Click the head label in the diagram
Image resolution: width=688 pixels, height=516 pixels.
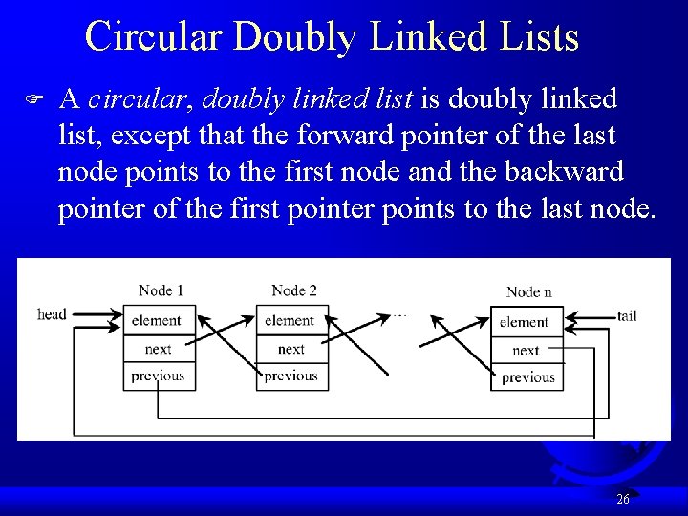pos(52,314)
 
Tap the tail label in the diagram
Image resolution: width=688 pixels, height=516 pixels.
pos(627,315)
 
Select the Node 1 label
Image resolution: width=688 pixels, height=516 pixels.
pos(161,290)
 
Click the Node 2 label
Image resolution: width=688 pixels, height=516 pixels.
pos(293,290)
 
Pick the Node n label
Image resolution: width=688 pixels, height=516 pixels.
pos(528,291)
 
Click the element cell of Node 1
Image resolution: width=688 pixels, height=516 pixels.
pos(159,320)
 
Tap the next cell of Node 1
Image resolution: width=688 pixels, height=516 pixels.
pos(159,349)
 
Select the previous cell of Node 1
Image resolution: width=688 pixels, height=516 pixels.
pos(159,376)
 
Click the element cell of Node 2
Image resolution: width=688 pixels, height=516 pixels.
pos(291,320)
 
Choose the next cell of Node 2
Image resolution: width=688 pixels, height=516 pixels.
pos(291,349)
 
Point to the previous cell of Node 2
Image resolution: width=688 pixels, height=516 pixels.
pos(291,376)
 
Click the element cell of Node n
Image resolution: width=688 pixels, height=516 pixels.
pos(527,322)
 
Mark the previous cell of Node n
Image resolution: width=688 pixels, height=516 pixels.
pos(527,377)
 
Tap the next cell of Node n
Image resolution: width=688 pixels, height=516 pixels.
pos(527,351)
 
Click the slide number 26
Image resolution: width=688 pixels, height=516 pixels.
pos(622,499)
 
